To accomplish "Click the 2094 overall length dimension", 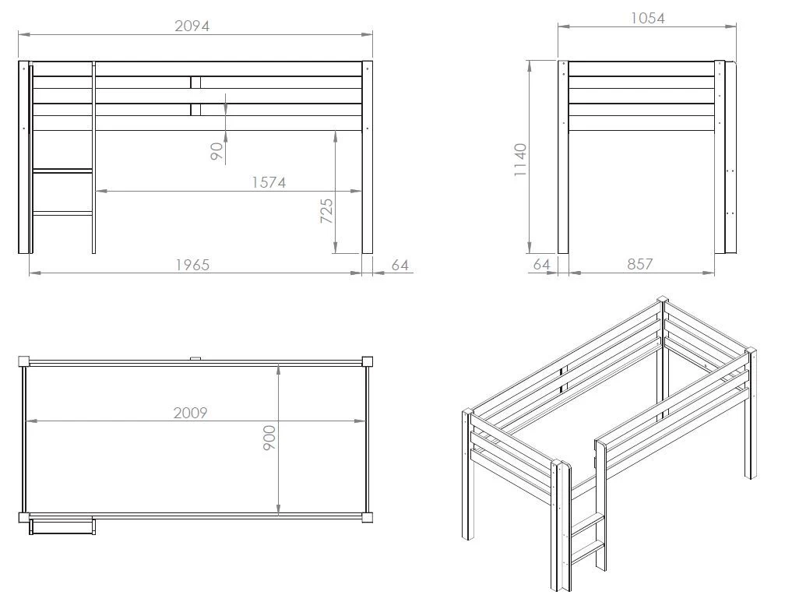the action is pos(192,26).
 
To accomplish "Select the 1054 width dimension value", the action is pos(647,19).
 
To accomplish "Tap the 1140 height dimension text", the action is pos(521,160).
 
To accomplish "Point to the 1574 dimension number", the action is pos(269,182).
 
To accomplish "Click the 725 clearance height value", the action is pos(326,211).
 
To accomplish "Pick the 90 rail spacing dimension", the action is pos(216,151).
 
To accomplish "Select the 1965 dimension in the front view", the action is pos(192,265).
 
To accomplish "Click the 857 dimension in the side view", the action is pos(640,264).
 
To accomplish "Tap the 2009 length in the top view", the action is pos(190,413).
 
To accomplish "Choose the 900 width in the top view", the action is pos(269,438).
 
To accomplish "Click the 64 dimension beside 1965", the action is pos(400,265).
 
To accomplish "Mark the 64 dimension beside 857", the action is pos(542,264).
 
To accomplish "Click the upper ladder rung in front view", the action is pos(62,171).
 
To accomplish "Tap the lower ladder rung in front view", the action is pos(62,213).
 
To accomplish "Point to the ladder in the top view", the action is pos(62,527).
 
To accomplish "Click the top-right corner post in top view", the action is pos(367,361).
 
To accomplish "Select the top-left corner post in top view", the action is pos(24,361).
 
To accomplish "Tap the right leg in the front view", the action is pos(368,157).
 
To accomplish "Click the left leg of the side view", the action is pos(563,157).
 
